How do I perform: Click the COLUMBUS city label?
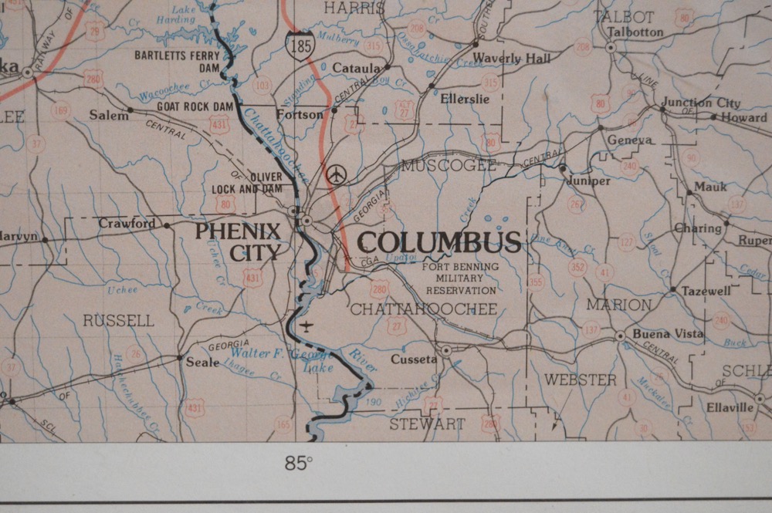tap(439, 242)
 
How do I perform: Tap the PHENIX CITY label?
tap(238, 241)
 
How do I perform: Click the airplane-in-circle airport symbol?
tap(335, 175)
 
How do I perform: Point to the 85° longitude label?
tap(299, 464)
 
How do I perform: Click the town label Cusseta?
tap(414, 359)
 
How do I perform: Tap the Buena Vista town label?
tap(668, 334)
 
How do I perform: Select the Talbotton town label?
tap(635, 32)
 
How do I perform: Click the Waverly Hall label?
tap(512, 59)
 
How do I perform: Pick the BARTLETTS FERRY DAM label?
tap(178, 61)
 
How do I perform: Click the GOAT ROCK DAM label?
tap(195, 106)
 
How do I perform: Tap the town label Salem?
tap(108, 115)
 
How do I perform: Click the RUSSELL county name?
tap(119, 320)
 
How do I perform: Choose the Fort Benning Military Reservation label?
tap(460, 278)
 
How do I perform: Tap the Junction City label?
tap(700, 103)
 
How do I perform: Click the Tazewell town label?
tap(706, 292)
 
